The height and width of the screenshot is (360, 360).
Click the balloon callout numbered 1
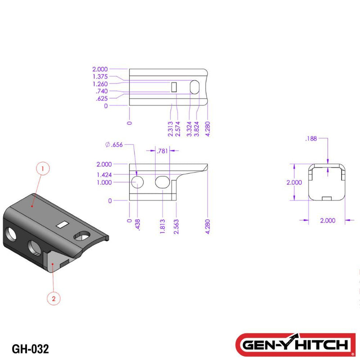pyautogui.click(x=43, y=169)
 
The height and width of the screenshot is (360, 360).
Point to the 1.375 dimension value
pyautogui.click(x=100, y=77)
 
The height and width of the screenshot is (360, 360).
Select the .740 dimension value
pyautogui.click(x=102, y=91)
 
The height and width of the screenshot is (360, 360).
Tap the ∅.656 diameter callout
pyautogui.click(x=113, y=144)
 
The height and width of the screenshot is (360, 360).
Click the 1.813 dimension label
pyautogui.click(x=162, y=225)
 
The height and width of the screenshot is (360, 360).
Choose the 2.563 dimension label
pyautogui.click(x=177, y=225)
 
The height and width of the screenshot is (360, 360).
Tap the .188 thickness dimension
pyautogui.click(x=310, y=139)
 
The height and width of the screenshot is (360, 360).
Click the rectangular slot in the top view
pyautogui.click(x=174, y=87)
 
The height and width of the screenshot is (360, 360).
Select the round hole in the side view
pyautogui.click(x=137, y=182)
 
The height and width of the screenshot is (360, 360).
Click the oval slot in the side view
pyautogui.click(x=162, y=182)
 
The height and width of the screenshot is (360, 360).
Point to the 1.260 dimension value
pyautogui.click(x=100, y=84)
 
